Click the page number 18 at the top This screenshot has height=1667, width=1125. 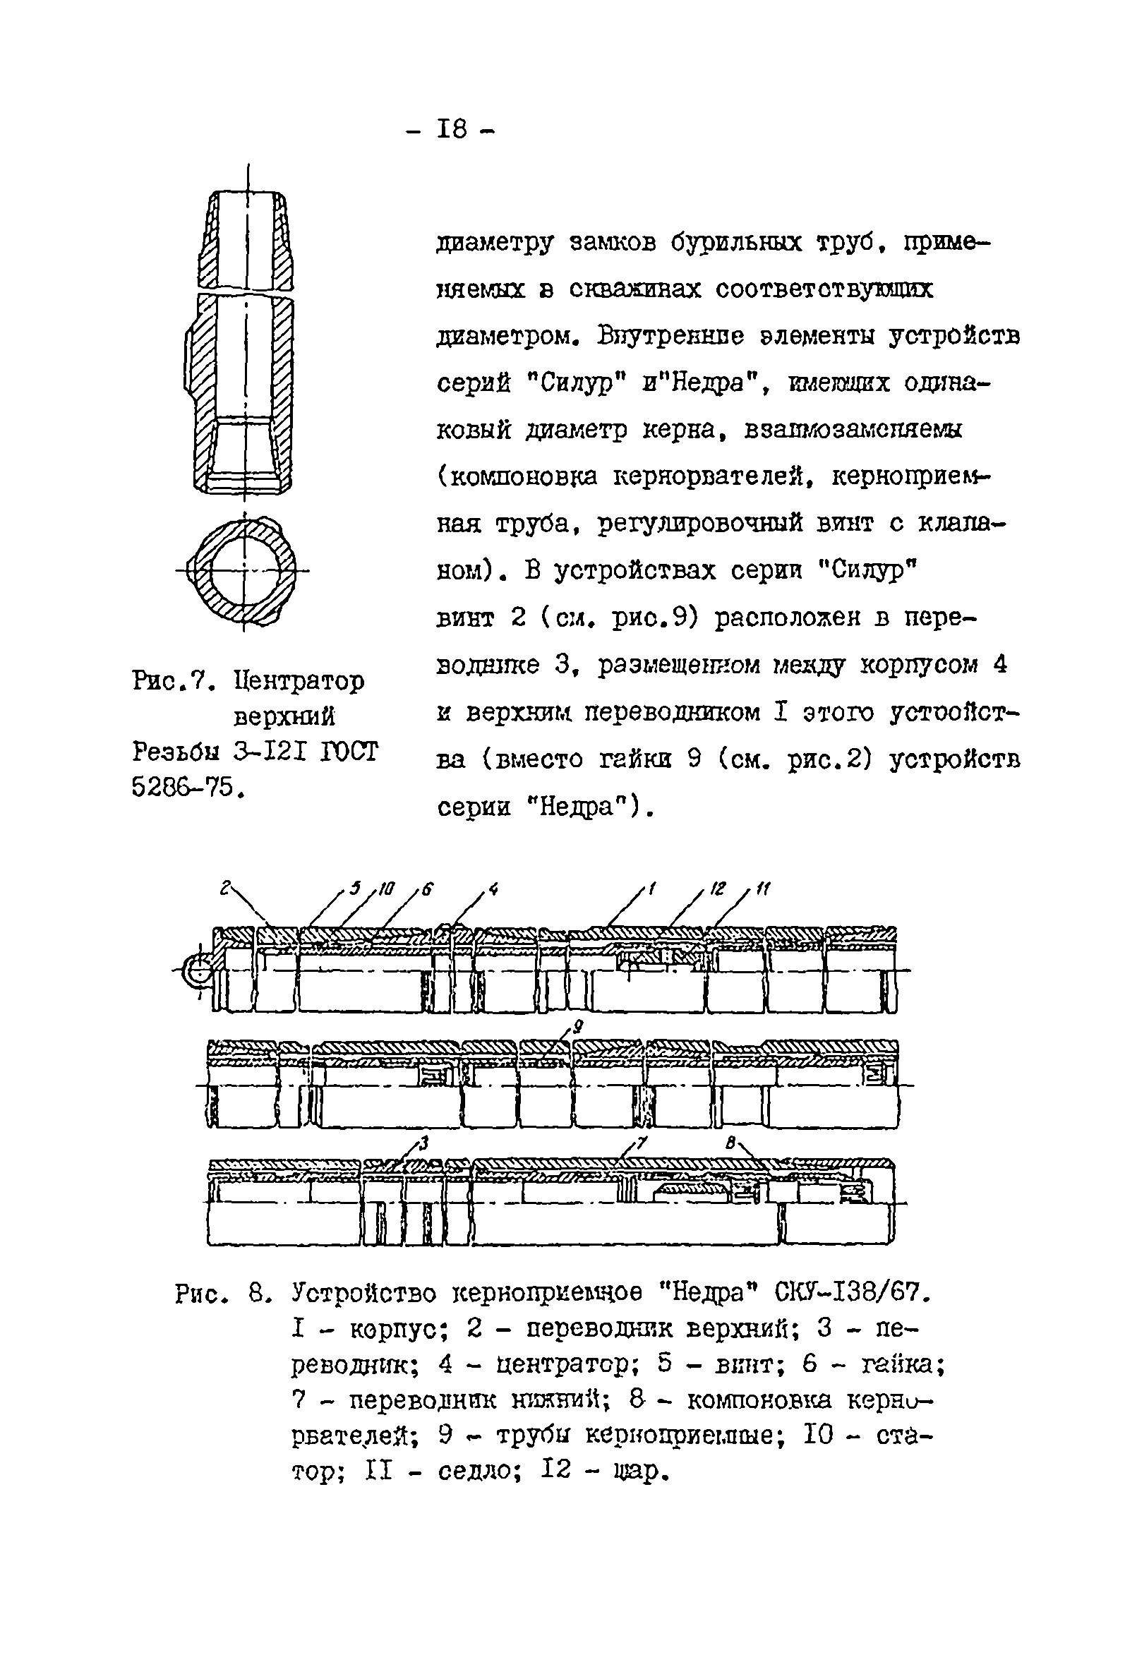click(x=451, y=130)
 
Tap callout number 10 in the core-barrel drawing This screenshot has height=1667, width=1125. click(x=387, y=889)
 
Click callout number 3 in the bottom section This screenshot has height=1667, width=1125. click(x=424, y=1143)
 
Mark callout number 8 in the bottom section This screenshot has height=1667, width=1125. click(x=730, y=1143)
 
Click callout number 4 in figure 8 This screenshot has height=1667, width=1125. click(x=493, y=889)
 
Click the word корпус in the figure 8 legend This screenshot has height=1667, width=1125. click(x=398, y=1329)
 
